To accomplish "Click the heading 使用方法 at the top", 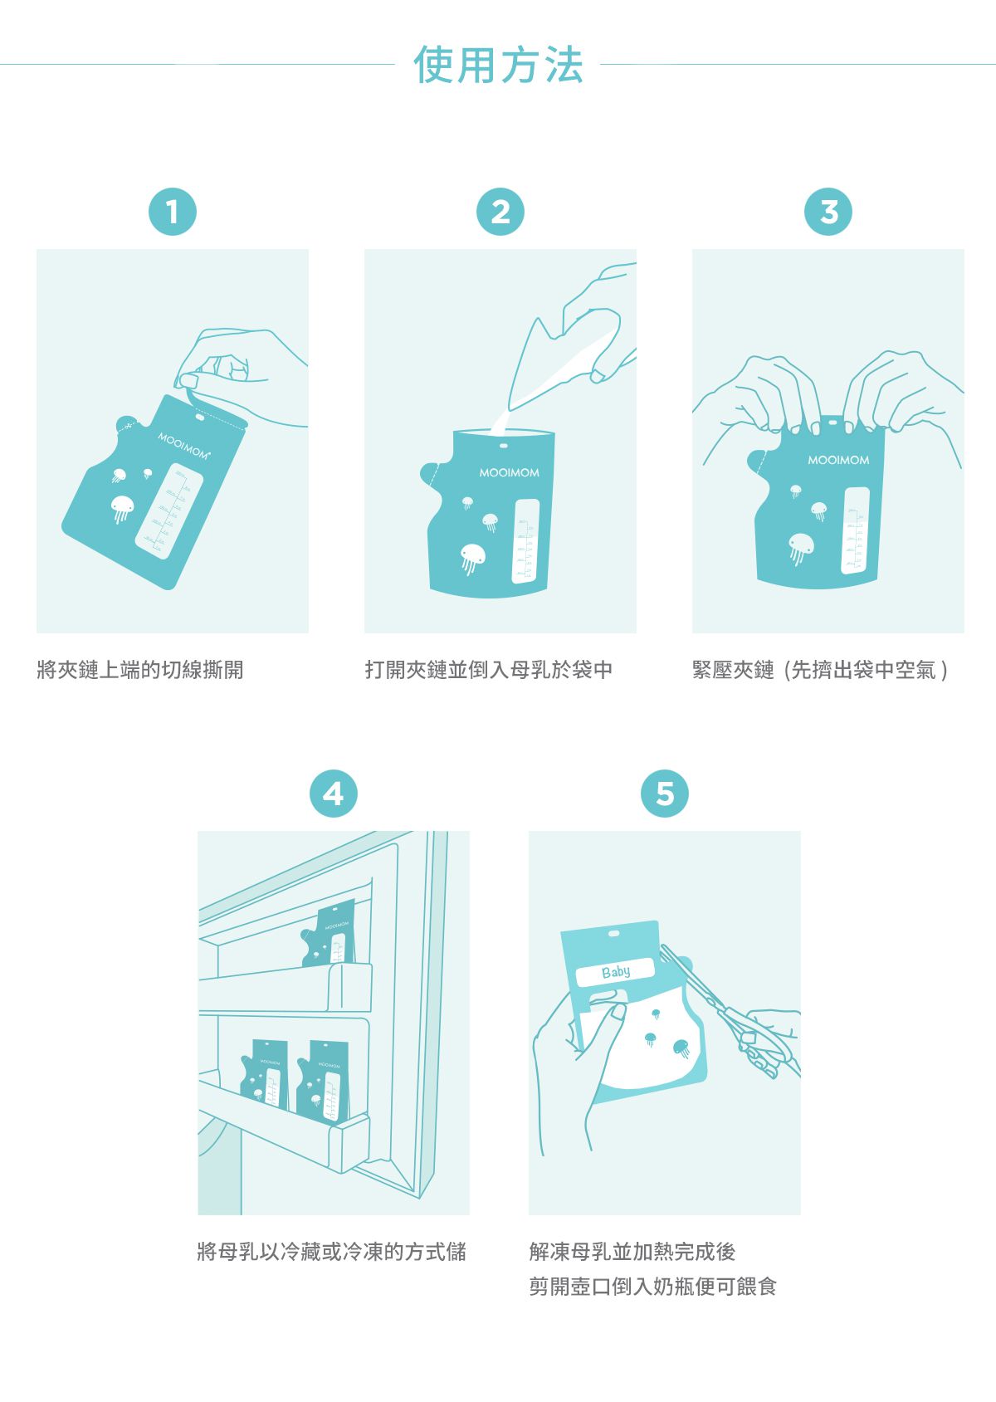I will click(498, 66).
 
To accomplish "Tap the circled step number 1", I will click(172, 212).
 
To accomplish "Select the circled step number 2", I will click(500, 212).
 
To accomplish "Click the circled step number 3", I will click(828, 212).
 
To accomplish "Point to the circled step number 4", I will click(333, 794).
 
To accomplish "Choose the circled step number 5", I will click(664, 794).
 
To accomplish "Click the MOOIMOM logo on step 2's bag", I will click(509, 472).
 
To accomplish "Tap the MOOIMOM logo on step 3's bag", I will click(838, 460).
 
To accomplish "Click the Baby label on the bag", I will click(615, 971).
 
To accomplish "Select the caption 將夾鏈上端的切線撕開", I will click(140, 670).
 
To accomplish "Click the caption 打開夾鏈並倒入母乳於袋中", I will click(489, 670).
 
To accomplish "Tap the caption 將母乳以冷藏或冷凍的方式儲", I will click(332, 1252).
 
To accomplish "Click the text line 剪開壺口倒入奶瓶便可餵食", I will click(652, 1287).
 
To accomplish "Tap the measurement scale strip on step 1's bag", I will click(170, 511).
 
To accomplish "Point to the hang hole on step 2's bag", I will click(503, 446).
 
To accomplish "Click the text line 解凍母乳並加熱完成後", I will click(632, 1252).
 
